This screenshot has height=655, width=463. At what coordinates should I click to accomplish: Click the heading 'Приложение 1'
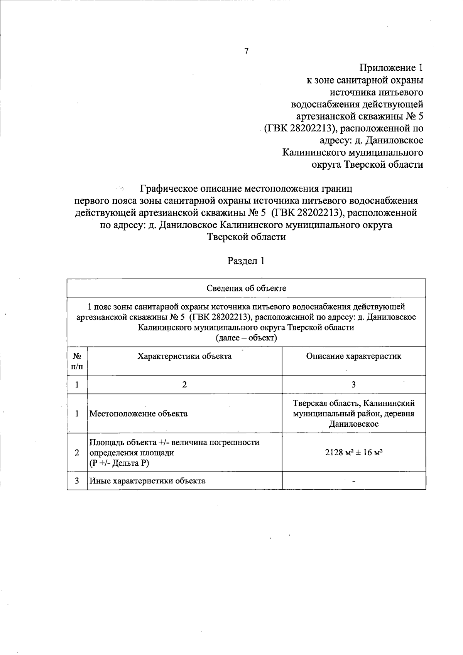[391, 68]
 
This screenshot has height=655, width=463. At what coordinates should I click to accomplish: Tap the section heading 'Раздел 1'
[246, 261]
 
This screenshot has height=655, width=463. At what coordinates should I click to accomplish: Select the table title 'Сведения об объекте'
[246, 288]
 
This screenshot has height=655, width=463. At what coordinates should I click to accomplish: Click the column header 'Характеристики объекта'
[184, 356]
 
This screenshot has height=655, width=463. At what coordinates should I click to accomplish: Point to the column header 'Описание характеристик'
[353, 356]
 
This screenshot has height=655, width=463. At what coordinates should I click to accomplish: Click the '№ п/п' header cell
[77, 361]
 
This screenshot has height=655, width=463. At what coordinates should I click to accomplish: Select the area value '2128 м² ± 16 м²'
[353, 453]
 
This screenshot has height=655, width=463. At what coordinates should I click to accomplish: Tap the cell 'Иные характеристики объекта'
[147, 481]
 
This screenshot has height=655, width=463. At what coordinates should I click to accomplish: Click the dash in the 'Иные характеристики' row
[353, 481]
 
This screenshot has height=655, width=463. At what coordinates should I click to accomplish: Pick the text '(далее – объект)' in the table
[246, 338]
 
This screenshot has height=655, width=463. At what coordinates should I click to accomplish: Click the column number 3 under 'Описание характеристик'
[353, 385]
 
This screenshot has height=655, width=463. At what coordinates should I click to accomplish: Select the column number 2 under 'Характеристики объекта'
[184, 385]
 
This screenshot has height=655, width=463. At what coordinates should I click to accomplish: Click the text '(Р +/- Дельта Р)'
[119, 463]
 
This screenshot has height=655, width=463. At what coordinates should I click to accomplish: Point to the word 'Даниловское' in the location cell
[353, 424]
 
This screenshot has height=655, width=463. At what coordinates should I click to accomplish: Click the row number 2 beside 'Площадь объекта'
[77, 453]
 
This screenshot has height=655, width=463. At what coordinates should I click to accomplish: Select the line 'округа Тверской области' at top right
[367, 165]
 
